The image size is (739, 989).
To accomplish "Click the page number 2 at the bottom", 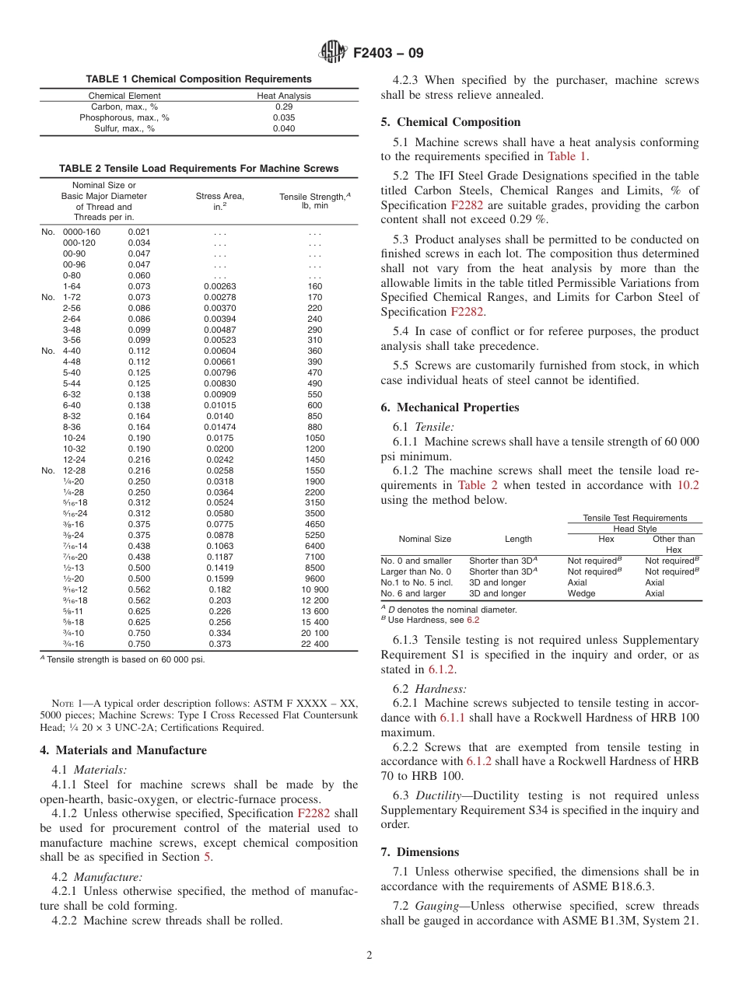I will [369, 956].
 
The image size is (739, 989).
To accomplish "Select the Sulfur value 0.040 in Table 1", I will [284, 129].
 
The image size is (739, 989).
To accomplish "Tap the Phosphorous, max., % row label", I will [124, 118].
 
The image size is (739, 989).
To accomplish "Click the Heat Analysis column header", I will [284, 96].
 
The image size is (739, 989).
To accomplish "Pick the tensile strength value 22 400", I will [315, 644].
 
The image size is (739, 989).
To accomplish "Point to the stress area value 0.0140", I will [219, 416].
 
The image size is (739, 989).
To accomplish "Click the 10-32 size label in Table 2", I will [75, 449].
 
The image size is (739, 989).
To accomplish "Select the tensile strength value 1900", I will [315, 481].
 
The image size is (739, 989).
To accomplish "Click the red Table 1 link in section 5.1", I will [567, 156].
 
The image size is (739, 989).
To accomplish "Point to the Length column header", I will [518, 539].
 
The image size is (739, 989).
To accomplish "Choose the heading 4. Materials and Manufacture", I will [123, 750].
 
